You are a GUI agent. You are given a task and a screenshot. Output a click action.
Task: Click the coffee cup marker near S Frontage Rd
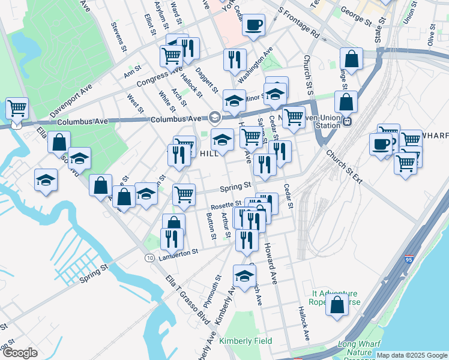(x=253, y=25)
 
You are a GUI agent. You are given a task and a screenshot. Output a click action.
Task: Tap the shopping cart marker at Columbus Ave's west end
(x=17, y=109)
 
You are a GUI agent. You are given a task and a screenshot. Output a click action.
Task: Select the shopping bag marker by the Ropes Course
(x=337, y=304)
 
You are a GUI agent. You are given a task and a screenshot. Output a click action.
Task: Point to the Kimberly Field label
(x=246, y=341)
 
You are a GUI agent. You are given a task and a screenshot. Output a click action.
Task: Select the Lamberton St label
(x=178, y=253)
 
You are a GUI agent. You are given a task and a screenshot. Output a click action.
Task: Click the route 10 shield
(x=148, y=257)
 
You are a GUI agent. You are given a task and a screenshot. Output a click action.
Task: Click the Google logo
(x=20, y=353)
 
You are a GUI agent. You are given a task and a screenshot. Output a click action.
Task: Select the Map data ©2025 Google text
(x=412, y=355)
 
